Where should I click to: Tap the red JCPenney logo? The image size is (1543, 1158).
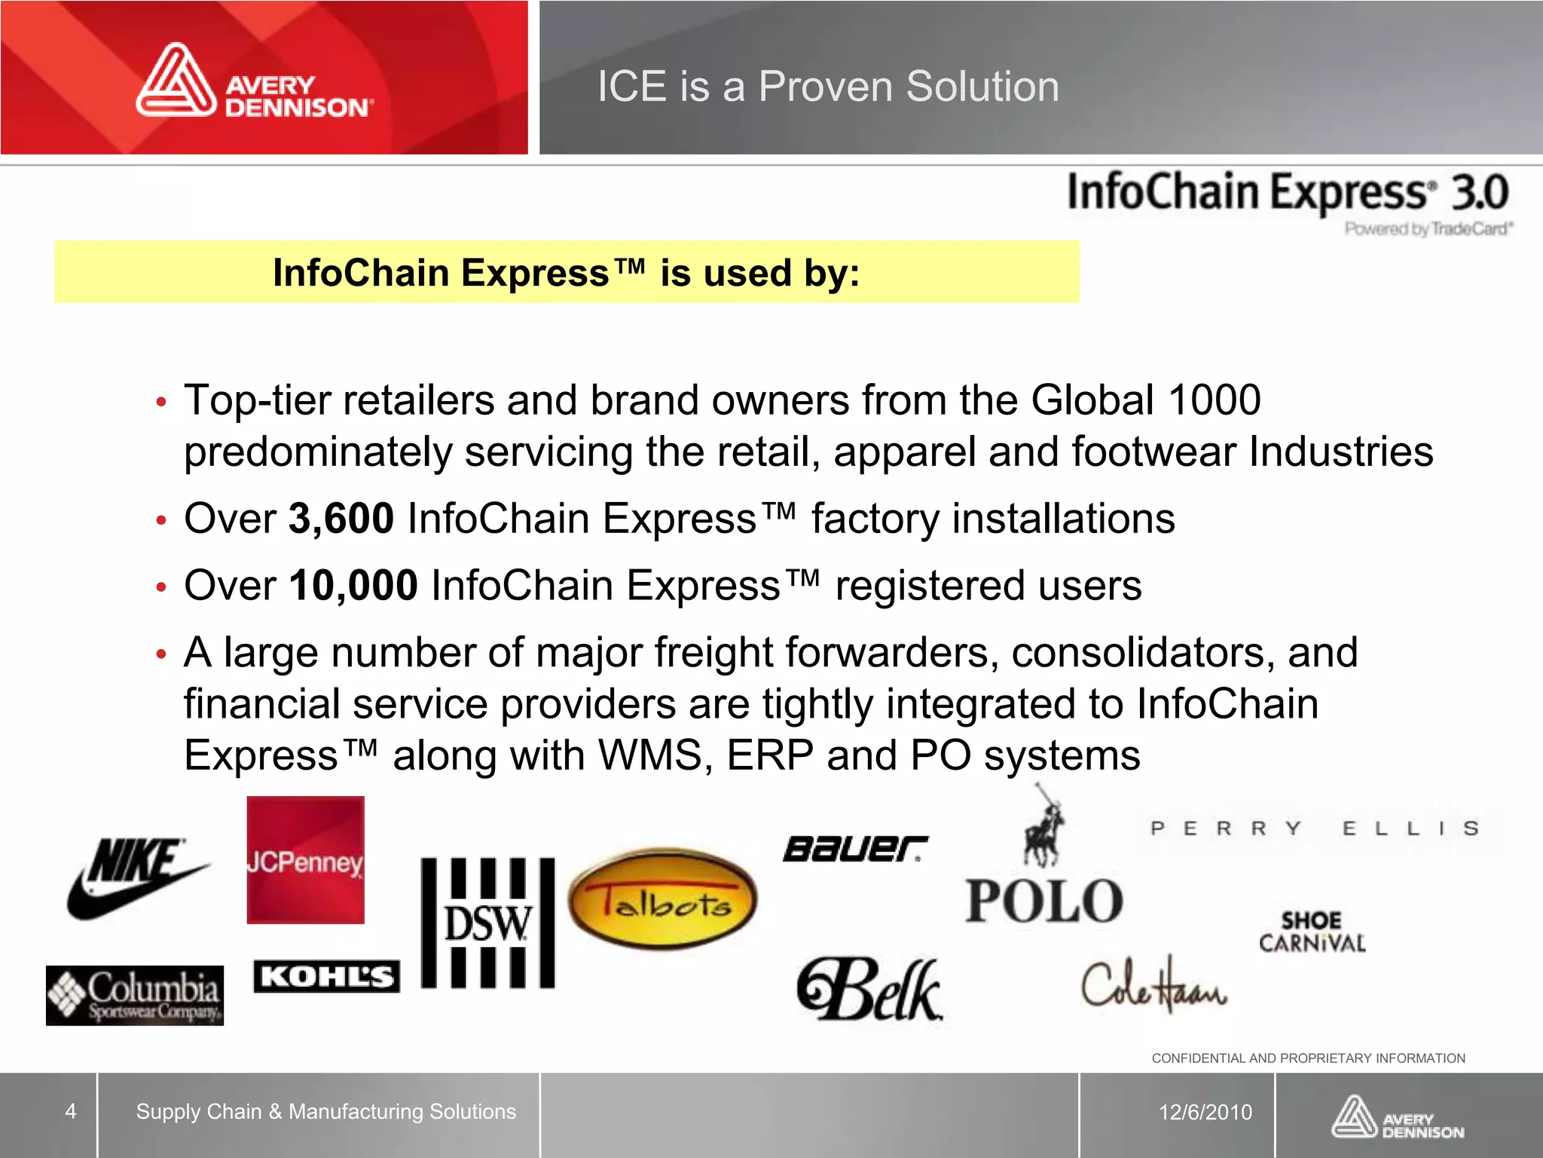[x=305, y=860]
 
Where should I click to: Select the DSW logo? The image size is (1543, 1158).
[x=487, y=923]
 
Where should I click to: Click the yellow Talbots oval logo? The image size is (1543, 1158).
[x=662, y=897]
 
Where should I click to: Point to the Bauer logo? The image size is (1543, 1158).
[x=855, y=849]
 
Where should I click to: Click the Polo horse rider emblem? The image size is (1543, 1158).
[x=1043, y=826]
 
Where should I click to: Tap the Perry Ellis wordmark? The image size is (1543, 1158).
[x=1315, y=829]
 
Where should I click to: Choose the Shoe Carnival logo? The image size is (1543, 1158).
[x=1312, y=932]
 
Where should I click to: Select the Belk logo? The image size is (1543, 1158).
[x=870, y=989]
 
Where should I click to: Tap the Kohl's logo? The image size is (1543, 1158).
[x=326, y=976]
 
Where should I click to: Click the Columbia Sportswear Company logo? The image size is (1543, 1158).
[x=135, y=995]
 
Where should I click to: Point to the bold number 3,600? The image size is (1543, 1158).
[x=341, y=519]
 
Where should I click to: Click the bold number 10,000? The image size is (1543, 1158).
[x=353, y=585]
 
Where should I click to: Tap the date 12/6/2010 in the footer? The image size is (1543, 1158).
[x=1205, y=1112]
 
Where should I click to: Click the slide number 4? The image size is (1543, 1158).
[x=71, y=1111]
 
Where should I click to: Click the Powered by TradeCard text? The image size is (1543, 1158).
[x=1428, y=228]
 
